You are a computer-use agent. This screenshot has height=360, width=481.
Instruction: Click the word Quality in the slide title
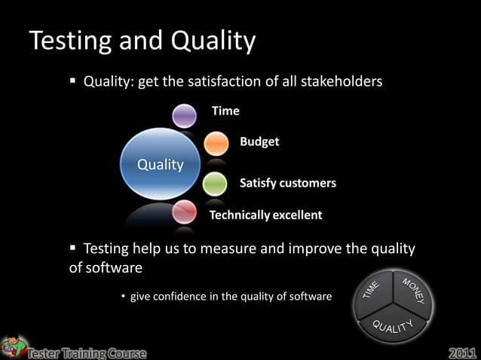[213, 41]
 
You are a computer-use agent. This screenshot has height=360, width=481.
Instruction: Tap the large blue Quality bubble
[160, 164]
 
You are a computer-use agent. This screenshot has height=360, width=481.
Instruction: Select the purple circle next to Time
[184, 115]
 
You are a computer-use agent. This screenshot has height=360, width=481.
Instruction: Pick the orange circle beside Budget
[216, 143]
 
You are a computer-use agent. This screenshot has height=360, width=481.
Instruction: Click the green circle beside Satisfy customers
[215, 183]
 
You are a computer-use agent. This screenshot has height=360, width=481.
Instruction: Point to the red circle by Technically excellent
[184, 212]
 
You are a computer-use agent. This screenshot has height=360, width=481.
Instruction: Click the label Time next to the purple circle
[225, 111]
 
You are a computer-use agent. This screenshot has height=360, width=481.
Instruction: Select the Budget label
[259, 142]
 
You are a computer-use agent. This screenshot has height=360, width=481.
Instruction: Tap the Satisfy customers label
[287, 183]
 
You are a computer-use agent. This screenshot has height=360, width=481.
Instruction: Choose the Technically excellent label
[265, 215]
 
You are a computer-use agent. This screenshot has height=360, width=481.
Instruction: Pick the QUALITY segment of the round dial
[393, 325]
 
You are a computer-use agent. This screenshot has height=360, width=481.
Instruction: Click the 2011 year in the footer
[462, 352]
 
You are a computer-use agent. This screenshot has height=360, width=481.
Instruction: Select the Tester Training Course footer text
[87, 352]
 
